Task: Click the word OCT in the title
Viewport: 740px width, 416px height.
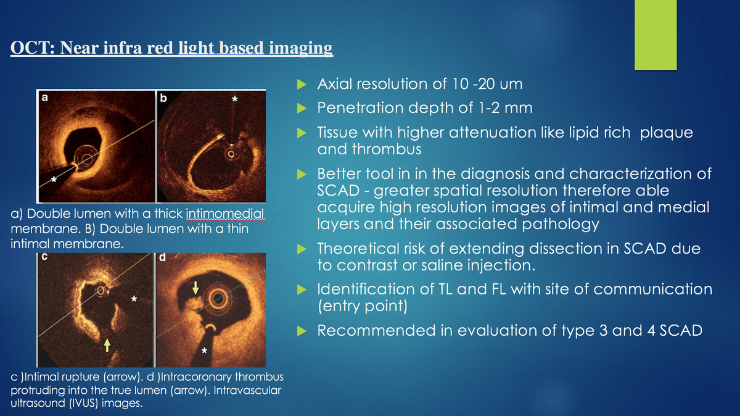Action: pos(33,48)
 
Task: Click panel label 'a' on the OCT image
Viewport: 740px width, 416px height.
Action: pos(45,97)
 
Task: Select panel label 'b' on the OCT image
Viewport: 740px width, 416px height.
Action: pos(163,98)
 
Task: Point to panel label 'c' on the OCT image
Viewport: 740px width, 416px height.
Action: pos(45,258)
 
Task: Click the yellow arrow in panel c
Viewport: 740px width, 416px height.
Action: pos(108,344)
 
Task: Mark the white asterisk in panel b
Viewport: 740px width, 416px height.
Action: pos(234,99)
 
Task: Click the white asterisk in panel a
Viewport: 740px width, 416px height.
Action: pos(54,179)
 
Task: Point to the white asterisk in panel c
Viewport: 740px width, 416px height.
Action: pos(134,299)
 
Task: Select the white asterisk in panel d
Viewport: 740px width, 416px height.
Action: pos(204,352)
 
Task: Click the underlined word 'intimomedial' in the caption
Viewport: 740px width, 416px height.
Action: pos(224,215)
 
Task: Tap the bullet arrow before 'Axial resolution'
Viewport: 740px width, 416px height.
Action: pos(302,84)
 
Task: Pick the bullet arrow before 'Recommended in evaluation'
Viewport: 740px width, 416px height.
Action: pos(302,331)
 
